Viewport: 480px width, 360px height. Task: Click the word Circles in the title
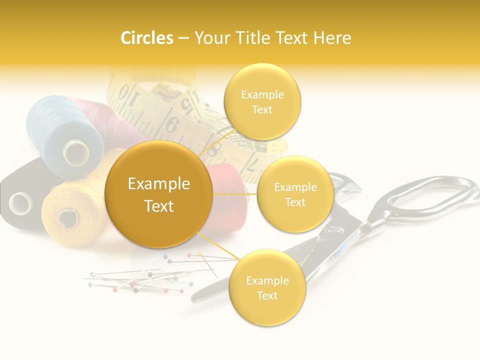(x=146, y=38)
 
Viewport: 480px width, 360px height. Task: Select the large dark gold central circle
(x=158, y=194)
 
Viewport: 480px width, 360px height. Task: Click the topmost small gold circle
(x=262, y=101)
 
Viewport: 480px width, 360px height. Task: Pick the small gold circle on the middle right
(x=295, y=194)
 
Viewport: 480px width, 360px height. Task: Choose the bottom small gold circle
(x=267, y=287)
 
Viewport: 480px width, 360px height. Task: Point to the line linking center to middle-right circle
(x=235, y=194)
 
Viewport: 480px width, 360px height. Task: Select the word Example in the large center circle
(x=158, y=184)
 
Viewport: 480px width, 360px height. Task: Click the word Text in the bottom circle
(x=267, y=295)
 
